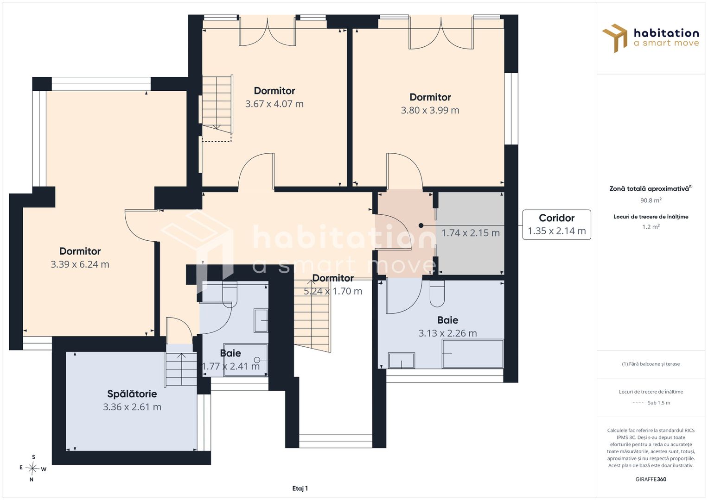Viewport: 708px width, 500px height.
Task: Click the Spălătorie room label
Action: coord(132,394)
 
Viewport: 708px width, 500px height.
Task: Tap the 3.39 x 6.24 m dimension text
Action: coord(80,264)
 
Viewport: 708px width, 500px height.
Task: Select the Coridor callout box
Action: coord(556,225)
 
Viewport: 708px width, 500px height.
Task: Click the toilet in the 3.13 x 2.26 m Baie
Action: coord(437,293)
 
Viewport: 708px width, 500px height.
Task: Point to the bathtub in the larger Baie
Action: coord(473,354)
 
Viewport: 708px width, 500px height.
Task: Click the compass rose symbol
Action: coord(32,468)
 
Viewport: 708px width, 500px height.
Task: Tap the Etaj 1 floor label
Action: coord(300,488)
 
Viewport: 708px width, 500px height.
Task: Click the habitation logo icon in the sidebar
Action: coord(615,38)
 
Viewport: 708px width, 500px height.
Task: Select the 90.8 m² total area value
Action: coord(651,200)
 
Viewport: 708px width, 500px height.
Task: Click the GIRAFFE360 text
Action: coord(651,479)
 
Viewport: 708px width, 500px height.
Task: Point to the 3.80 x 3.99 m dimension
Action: coord(430,110)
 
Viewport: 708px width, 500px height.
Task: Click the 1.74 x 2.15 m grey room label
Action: coord(470,233)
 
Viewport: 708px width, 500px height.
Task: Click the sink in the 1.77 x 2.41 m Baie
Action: coord(261,320)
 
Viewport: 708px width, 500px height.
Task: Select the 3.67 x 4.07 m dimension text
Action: coord(274,104)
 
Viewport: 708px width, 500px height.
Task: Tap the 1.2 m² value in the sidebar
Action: coord(651,227)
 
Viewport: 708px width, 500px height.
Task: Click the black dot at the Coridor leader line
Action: coord(421,225)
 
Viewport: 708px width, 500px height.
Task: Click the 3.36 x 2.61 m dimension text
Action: coord(132,407)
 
